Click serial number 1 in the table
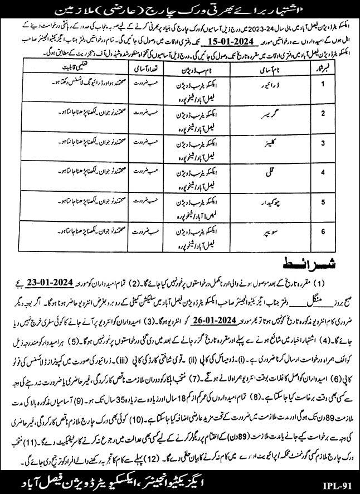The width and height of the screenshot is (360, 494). [x=337, y=86]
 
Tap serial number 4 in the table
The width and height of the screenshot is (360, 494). [x=337, y=172]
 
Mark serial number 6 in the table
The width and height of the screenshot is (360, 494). [x=337, y=230]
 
